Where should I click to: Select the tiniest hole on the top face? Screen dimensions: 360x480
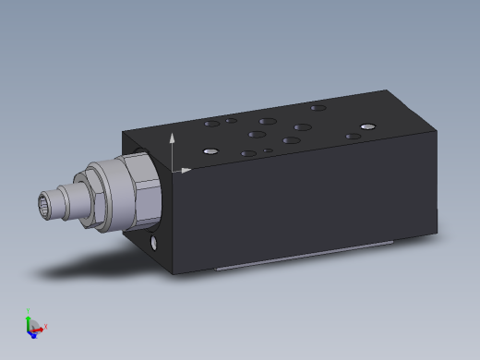(268, 150)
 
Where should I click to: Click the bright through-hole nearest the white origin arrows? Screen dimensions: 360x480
(210, 150)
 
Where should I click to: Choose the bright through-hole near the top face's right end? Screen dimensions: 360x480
(368, 126)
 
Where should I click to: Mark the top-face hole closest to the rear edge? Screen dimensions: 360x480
(318, 108)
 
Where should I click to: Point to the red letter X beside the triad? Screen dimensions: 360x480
(45, 326)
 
